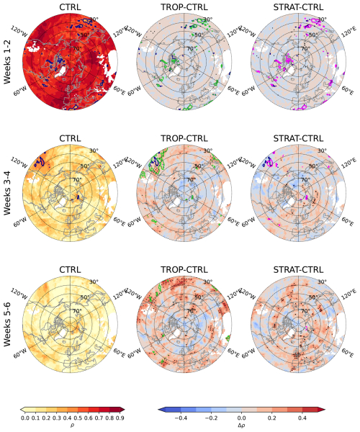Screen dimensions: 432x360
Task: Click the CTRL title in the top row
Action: tap(70, 7)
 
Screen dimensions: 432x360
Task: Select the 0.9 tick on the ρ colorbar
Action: tap(115, 417)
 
